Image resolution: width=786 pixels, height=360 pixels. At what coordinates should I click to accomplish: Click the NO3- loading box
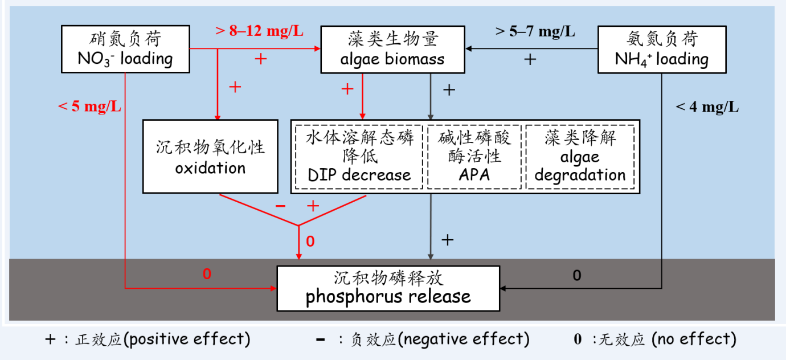click(x=125, y=48)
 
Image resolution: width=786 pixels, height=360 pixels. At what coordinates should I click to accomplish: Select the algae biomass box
click(x=392, y=48)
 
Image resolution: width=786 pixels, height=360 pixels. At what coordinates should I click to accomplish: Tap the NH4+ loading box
click(x=661, y=48)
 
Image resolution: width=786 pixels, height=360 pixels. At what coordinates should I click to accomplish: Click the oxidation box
click(x=210, y=156)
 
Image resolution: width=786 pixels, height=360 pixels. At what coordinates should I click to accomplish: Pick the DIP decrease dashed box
click(x=359, y=157)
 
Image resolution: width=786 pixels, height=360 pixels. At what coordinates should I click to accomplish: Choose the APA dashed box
click(x=474, y=157)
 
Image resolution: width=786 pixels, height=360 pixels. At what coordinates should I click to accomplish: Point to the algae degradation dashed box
click(x=580, y=157)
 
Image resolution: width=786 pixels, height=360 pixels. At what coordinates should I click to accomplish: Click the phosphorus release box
click(x=388, y=287)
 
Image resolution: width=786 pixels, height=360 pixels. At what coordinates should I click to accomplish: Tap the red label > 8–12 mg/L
click(x=259, y=31)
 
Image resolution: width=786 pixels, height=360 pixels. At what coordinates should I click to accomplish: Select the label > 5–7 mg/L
click(x=535, y=31)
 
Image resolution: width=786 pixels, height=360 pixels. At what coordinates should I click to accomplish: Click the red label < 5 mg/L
click(x=89, y=107)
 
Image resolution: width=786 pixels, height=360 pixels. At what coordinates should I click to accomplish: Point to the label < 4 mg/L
click(x=707, y=107)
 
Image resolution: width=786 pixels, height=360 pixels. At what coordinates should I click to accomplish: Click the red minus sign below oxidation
click(x=280, y=206)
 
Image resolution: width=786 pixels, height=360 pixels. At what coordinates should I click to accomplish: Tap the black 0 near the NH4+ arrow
click(x=577, y=276)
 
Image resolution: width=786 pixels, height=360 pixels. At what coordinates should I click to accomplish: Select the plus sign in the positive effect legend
click(x=51, y=339)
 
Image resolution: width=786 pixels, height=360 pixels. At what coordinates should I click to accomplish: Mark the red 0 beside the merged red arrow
click(x=310, y=242)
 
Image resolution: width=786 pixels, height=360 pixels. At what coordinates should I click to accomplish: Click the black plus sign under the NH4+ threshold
click(x=530, y=59)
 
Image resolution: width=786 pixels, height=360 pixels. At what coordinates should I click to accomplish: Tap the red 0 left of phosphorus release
click(x=207, y=274)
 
